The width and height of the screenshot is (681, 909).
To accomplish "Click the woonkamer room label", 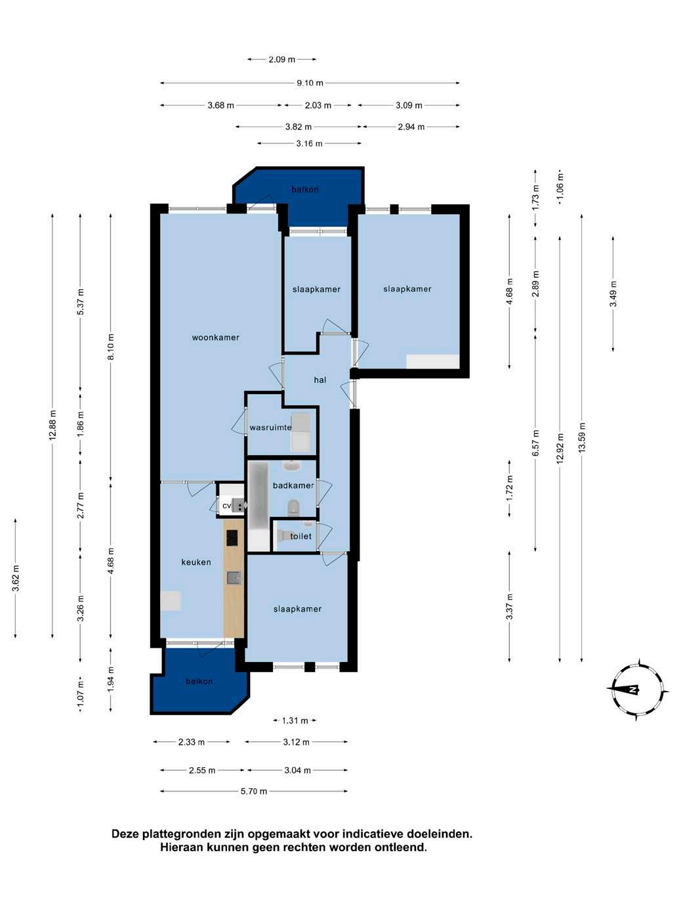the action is (x=215, y=338).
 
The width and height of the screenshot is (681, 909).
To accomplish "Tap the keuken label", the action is (x=196, y=562).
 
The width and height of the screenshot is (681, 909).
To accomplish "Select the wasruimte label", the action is (x=270, y=428).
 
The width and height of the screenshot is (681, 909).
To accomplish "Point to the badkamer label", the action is (x=293, y=485).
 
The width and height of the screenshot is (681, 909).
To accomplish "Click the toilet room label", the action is (x=300, y=537).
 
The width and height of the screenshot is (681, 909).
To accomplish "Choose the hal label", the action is (x=320, y=380).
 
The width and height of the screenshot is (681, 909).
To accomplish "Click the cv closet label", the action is (x=226, y=506).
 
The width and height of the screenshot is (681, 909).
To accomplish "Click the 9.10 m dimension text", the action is (x=310, y=83).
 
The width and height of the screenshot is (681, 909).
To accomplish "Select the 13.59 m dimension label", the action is (x=582, y=437).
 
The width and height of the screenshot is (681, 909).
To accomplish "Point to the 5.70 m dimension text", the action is (x=254, y=791).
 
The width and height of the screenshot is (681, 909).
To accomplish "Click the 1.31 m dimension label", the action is (x=295, y=721).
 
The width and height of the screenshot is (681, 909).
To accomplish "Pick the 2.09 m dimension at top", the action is (x=282, y=59).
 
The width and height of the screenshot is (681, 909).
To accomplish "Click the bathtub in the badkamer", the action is (x=258, y=506).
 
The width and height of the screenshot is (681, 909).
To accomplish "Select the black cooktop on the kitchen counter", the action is (x=232, y=539).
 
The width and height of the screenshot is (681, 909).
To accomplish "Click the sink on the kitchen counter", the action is (x=234, y=578).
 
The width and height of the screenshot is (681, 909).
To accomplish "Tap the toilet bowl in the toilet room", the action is (x=285, y=536).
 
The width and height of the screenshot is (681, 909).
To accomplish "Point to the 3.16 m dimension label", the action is (x=309, y=144).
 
